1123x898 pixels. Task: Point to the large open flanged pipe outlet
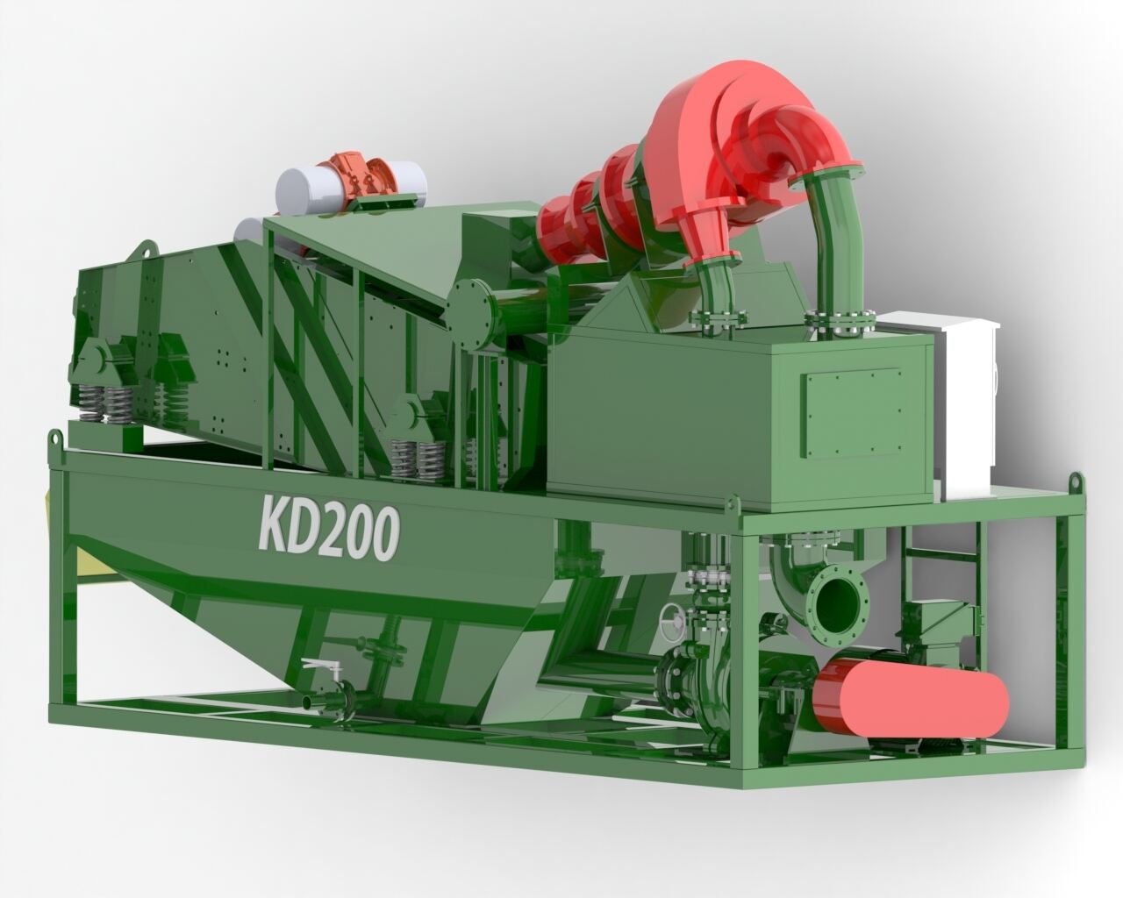[x=838, y=609]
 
